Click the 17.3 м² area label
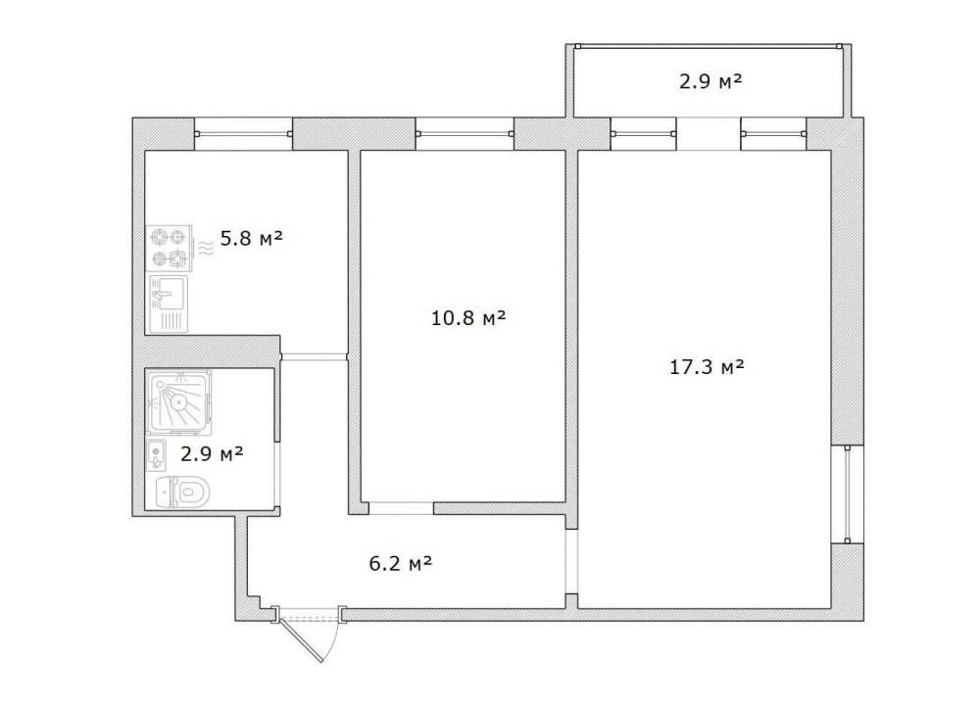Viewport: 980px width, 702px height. coord(707,366)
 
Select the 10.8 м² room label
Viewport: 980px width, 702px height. coord(468,318)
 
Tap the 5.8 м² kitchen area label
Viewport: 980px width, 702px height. coord(251,238)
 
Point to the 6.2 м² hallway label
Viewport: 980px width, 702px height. coord(401,564)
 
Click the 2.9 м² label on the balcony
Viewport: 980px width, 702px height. coord(710,81)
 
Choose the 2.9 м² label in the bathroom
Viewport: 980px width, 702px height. coord(212,453)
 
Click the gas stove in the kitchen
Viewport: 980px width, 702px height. coord(169,248)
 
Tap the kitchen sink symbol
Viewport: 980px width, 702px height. coord(169,304)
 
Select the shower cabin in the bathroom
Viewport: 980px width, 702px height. coord(179,402)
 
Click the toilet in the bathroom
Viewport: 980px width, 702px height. coord(182,492)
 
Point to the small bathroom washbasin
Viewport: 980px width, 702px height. coord(156,454)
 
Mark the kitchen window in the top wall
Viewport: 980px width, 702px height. coord(243,134)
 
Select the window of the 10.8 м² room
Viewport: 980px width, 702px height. coord(465,134)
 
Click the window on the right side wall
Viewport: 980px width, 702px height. coord(847,494)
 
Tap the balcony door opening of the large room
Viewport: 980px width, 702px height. coord(709,134)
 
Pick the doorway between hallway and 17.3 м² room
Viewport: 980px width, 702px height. coord(571,561)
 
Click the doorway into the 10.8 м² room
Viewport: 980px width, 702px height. coord(401,508)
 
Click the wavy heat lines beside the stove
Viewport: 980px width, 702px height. coord(206,249)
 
